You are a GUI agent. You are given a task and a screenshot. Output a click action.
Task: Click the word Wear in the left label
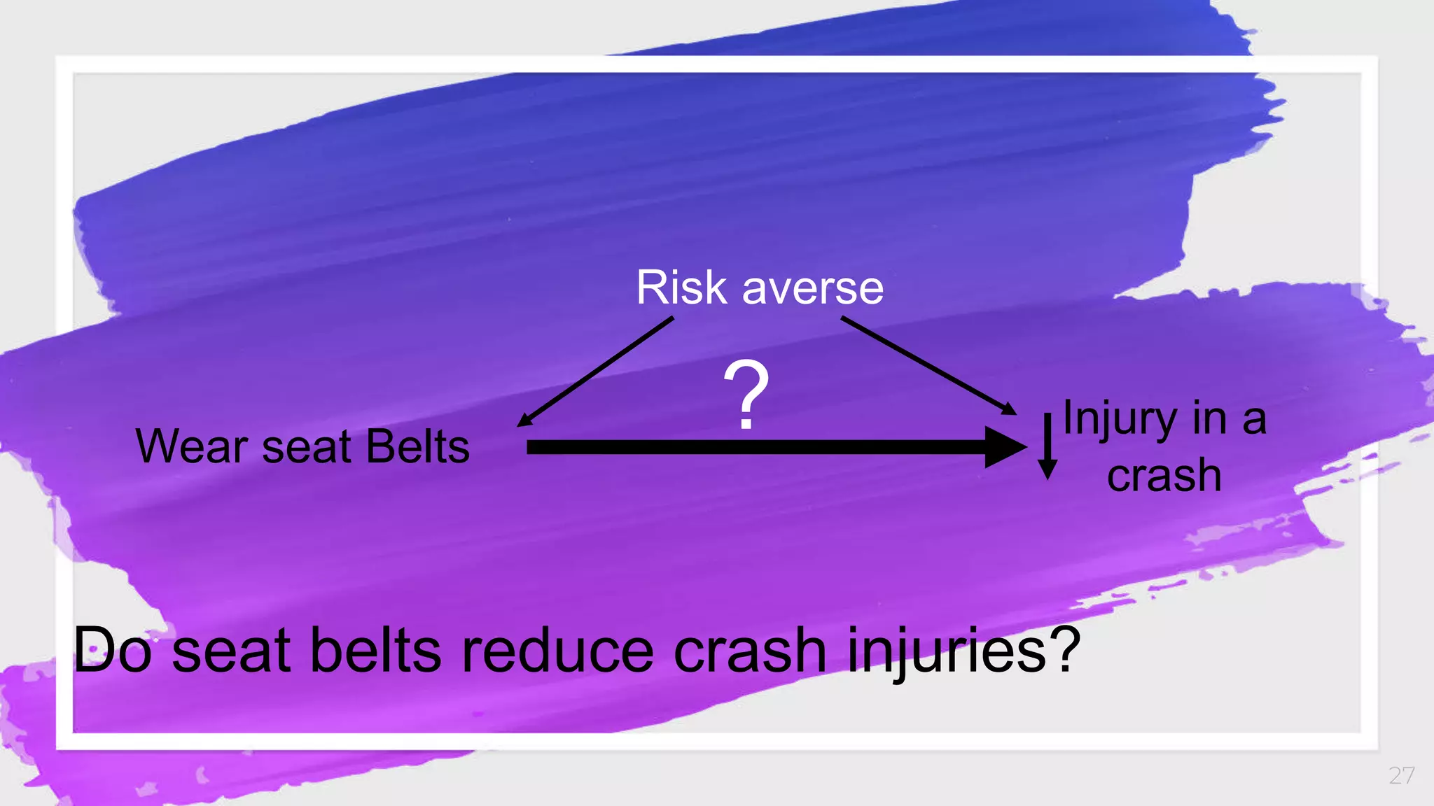192,447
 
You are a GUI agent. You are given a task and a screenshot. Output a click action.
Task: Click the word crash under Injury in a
1164,476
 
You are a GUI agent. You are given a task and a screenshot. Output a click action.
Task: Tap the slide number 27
1401,775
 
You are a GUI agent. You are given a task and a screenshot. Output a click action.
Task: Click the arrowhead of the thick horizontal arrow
1004,447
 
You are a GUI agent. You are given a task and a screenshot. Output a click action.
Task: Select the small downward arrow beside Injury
1047,448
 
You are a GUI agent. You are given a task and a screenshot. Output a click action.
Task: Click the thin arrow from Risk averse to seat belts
595,372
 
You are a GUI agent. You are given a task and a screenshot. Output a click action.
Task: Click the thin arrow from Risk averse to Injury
928,365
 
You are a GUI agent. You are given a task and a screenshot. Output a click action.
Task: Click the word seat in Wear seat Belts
305,448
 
